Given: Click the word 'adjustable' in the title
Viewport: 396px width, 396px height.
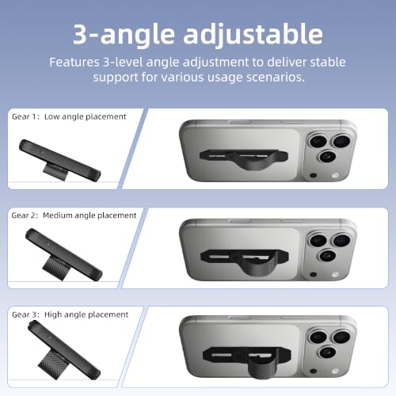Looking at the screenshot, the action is point(253,35).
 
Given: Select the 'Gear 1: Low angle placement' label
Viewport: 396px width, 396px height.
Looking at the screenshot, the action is point(69,116).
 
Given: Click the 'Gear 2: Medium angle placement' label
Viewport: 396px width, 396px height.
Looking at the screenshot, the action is point(74,215).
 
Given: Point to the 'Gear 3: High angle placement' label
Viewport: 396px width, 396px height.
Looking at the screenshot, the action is point(70,314).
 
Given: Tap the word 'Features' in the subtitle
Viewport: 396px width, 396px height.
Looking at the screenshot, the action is point(74,63).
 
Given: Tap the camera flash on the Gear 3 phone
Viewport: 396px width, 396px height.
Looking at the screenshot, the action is point(336,371).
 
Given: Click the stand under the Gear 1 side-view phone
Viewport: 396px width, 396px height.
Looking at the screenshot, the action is point(55,171).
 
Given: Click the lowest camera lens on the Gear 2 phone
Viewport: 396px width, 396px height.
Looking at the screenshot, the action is point(327,256).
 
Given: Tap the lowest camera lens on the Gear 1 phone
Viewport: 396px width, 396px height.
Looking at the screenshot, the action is point(327,157).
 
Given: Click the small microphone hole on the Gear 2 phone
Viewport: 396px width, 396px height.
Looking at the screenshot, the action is point(313,275).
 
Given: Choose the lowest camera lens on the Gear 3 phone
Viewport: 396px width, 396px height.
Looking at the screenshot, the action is point(327,352).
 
